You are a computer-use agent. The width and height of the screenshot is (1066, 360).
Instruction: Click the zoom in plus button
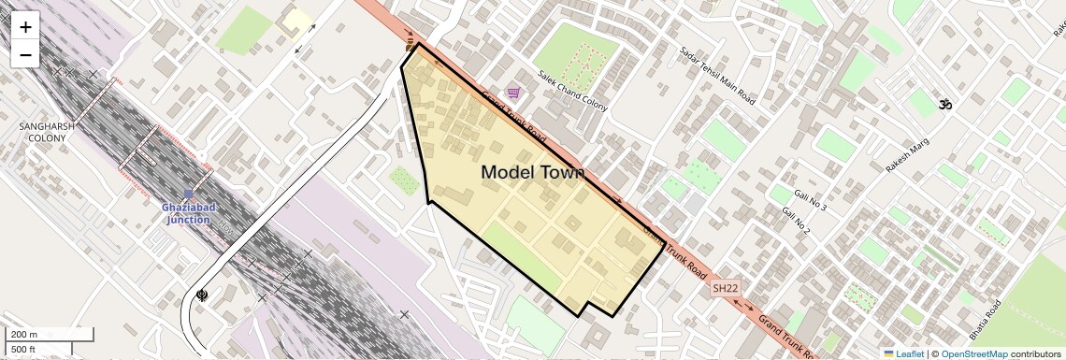tap(25, 27)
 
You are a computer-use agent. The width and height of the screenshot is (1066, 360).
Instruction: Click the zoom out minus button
tap(25, 54)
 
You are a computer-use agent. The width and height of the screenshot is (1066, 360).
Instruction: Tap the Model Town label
tap(532, 172)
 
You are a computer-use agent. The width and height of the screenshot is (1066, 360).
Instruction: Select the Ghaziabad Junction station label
tap(188, 213)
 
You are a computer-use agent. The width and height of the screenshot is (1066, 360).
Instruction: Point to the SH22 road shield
tap(725, 290)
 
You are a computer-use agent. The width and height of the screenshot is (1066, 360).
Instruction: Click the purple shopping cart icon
tap(513, 94)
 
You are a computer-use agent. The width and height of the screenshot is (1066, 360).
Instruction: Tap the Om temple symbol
tap(944, 105)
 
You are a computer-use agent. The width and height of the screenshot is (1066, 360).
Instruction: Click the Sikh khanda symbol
tap(201, 295)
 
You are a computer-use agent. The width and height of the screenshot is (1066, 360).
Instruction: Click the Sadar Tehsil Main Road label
tap(717, 74)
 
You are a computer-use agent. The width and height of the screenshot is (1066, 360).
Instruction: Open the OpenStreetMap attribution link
tap(973, 353)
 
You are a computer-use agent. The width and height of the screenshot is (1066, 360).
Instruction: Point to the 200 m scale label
tap(24, 335)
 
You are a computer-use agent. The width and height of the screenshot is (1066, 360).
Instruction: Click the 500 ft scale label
tap(24, 350)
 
